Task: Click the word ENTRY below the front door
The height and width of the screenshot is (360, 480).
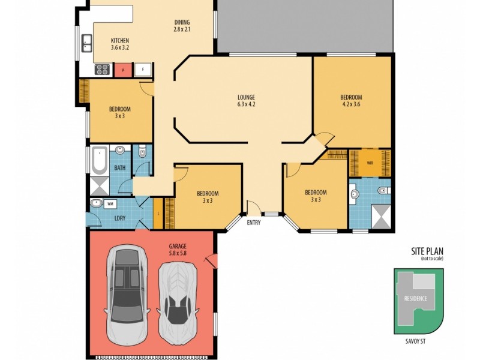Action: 254,223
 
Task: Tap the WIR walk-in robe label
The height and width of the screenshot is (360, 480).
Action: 362,162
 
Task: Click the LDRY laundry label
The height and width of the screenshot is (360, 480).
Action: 119,218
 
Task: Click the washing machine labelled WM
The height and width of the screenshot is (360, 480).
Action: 110,204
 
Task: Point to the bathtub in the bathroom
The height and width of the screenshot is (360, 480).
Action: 98,160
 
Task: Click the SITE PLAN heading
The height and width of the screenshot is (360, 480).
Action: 427,251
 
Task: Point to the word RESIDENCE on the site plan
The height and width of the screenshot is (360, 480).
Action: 415,298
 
